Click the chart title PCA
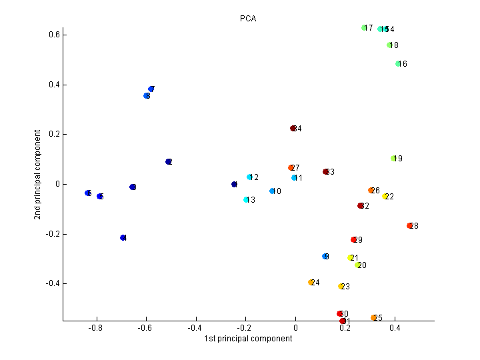tap(248, 19)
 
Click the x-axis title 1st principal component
tap(248, 339)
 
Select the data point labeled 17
tap(365, 28)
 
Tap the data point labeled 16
tap(398, 64)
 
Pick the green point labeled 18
tap(389, 45)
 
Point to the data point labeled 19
tap(393, 159)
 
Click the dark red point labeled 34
tap(293, 129)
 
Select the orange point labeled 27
tap(291, 168)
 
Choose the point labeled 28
tap(410, 226)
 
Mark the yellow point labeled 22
tap(385, 197)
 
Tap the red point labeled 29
tap(354, 240)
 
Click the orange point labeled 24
tap(311, 283)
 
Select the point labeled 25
tap(374, 318)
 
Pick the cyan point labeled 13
tap(246, 200)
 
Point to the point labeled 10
tap(272, 191)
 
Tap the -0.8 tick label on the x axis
tap(95, 328)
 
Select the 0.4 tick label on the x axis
tap(395, 328)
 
